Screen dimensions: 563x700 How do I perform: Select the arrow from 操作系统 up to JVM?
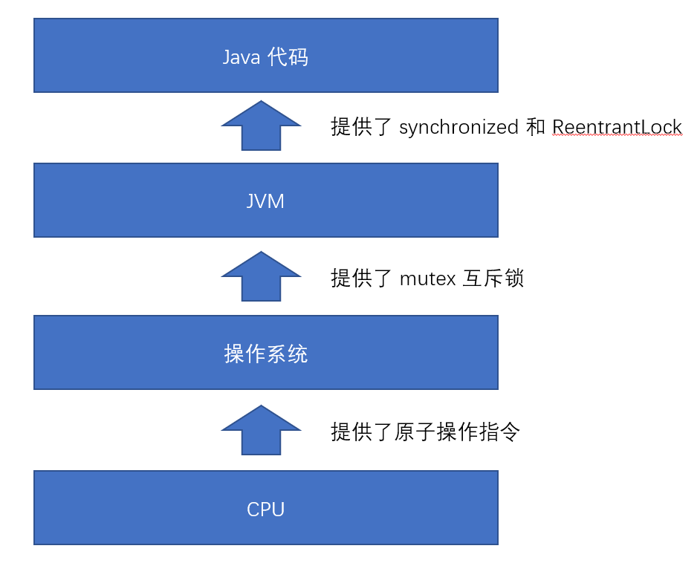[x=261, y=276]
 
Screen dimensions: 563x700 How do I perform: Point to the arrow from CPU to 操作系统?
[x=261, y=430]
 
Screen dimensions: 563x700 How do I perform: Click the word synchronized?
[x=458, y=128]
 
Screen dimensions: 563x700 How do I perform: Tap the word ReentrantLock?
[x=617, y=128]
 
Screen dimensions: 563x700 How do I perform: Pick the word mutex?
[x=427, y=279]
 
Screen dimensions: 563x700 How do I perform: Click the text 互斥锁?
[x=493, y=279]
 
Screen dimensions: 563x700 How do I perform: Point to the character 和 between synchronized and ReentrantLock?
[x=535, y=128]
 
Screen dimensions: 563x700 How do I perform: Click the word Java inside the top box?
[x=241, y=57]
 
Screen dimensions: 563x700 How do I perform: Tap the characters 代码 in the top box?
[x=288, y=57]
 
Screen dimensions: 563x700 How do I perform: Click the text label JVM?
[x=265, y=201]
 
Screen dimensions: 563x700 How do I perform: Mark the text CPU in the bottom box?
[x=265, y=510]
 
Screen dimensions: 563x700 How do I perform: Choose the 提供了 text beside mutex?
[x=362, y=279]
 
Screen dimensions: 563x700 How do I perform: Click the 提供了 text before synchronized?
[x=362, y=128]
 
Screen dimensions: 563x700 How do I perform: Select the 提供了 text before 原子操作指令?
[x=362, y=432]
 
